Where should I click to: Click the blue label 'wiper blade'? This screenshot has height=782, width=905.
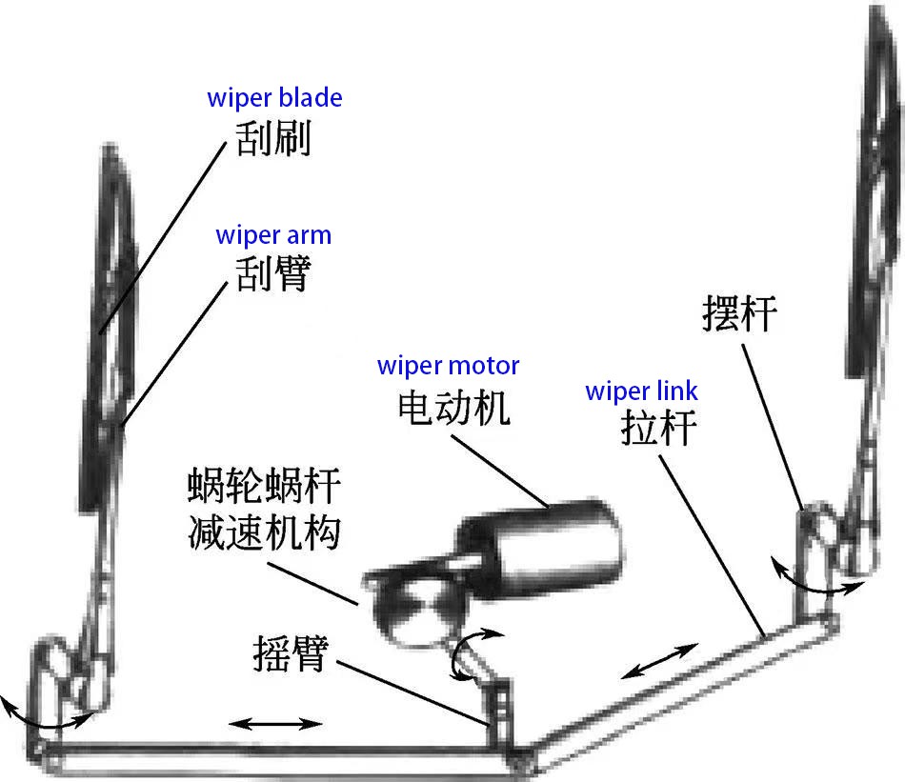pos(274,98)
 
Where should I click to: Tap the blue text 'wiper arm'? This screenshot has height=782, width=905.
pos(273,235)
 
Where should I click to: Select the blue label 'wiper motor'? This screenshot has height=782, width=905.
pos(448,366)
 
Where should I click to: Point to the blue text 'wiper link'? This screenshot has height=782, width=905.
pos(641,391)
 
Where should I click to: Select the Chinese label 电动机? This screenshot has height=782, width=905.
pos(452,409)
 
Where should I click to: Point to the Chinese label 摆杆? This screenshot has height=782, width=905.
pos(740,313)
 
